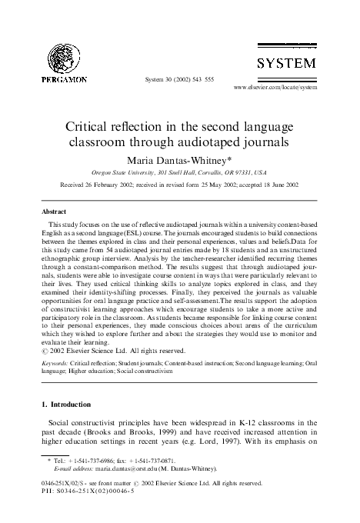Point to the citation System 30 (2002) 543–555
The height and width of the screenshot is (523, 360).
click(178, 79)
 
